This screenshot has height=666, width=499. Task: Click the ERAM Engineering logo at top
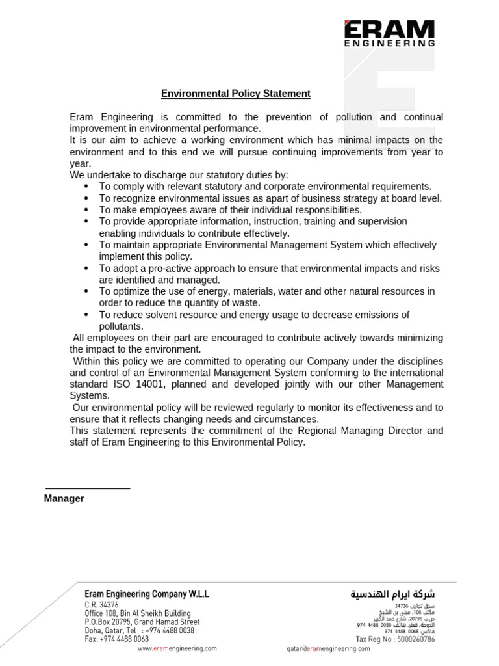(x=389, y=34)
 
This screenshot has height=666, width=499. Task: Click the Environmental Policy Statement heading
(x=236, y=94)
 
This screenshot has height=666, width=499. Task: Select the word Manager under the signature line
(x=64, y=499)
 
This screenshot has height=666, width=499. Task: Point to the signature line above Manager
(x=88, y=488)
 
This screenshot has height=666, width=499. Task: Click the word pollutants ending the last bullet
(x=121, y=326)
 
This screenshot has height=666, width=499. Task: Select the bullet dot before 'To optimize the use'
(x=86, y=291)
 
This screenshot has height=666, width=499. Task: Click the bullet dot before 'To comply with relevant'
(x=86, y=187)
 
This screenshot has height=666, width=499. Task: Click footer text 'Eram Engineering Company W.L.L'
(x=147, y=594)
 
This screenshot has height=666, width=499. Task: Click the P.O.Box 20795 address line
(x=142, y=622)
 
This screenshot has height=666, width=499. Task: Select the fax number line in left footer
(x=116, y=639)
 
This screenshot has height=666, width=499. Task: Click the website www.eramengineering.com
(x=177, y=648)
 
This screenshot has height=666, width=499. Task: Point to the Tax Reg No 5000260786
(x=395, y=639)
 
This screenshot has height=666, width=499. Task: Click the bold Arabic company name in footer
(x=392, y=594)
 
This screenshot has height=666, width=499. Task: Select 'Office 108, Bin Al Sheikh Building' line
(x=138, y=613)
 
